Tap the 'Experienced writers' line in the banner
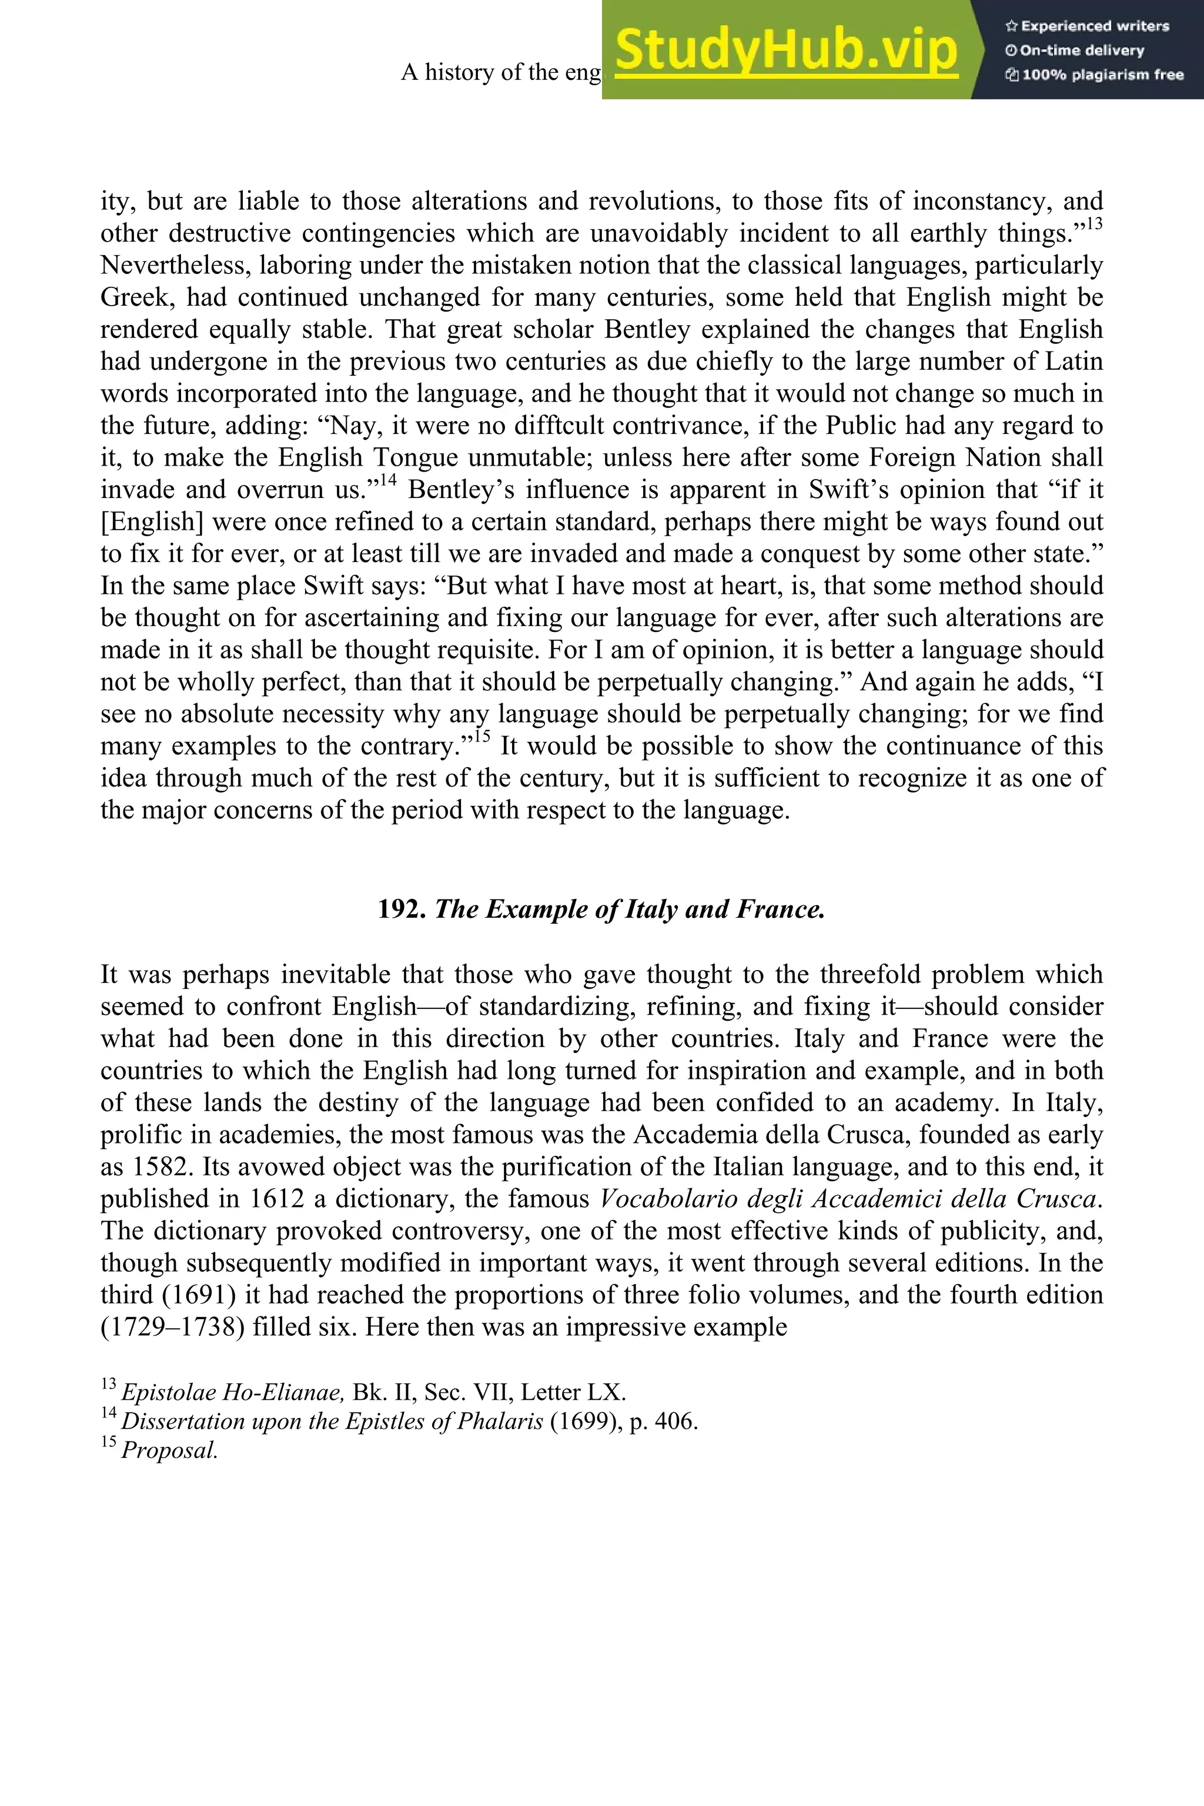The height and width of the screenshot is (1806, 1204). (x=1087, y=26)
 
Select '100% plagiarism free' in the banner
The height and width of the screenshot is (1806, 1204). (x=1095, y=75)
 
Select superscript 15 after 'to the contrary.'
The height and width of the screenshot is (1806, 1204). (x=481, y=737)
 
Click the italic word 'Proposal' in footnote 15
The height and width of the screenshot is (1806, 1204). (x=170, y=1450)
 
